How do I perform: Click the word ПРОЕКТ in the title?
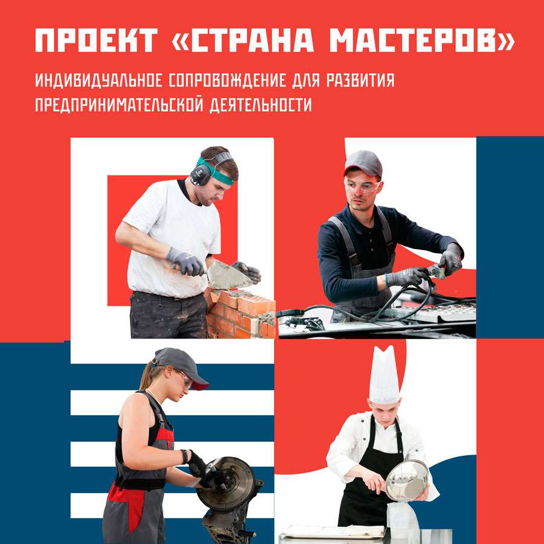[x=97, y=40]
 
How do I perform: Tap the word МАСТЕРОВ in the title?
[x=421, y=40]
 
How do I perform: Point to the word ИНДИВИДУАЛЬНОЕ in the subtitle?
[x=99, y=80]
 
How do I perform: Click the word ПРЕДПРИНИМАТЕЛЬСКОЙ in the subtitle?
[x=119, y=105]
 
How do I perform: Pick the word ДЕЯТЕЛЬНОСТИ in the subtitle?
[x=261, y=105]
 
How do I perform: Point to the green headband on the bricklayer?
[x=215, y=172]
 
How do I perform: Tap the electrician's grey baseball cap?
[x=363, y=163]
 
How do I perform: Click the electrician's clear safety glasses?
[x=362, y=187]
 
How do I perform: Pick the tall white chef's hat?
[x=384, y=375]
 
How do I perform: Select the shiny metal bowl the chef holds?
[x=407, y=480]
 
